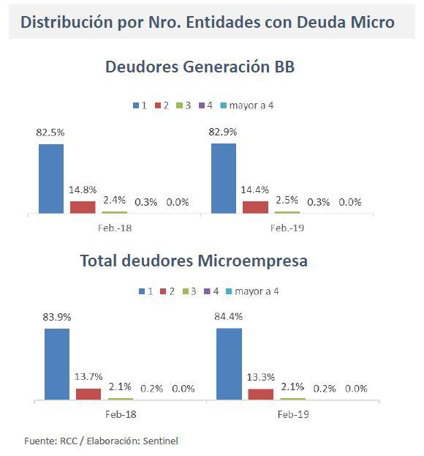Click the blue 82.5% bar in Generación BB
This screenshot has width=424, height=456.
[x=51, y=179]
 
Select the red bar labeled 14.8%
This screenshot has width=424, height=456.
[x=83, y=207]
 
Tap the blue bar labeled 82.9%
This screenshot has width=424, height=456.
[x=224, y=178]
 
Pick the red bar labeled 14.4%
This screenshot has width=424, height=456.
[x=255, y=207]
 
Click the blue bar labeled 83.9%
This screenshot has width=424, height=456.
[x=57, y=364]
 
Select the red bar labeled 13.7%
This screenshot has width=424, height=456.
[x=88, y=394]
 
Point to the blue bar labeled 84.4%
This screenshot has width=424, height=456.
[x=230, y=364]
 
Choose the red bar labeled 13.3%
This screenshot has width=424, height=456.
[x=261, y=394]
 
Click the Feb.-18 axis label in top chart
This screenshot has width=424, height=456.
[x=115, y=228]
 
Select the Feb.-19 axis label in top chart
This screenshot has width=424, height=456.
[x=287, y=228]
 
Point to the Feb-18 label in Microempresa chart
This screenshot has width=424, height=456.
[x=120, y=414]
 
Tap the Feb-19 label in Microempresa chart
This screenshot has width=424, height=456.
[x=292, y=414]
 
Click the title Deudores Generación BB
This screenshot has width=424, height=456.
[x=200, y=67]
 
